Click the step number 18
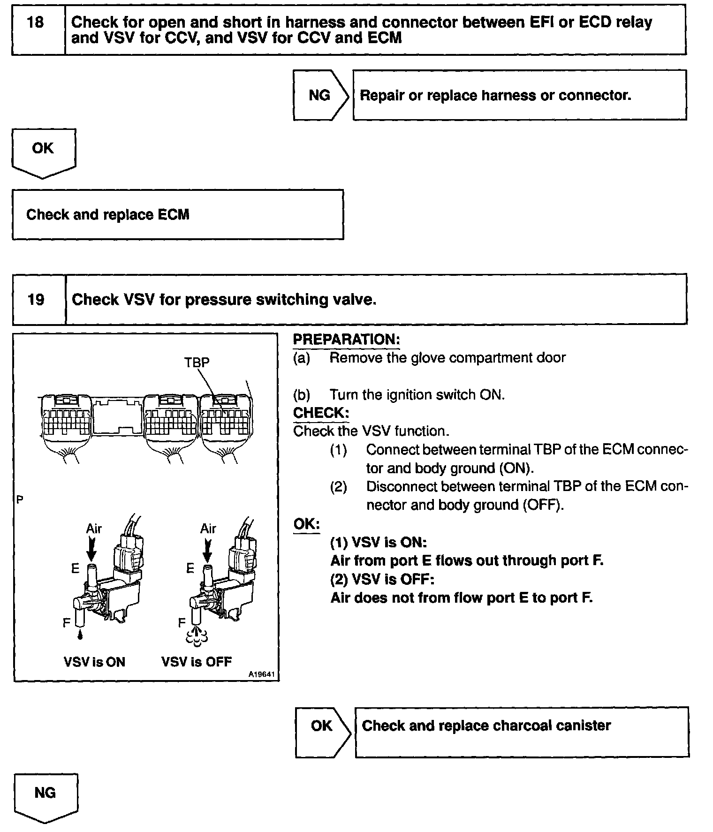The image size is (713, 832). pyautogui.click(x=36, y=23)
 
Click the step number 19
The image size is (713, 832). pyautogui.click(x=36, y=299)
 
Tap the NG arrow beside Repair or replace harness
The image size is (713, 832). pyautogui.click(x=320, y=95)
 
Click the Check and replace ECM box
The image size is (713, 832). pyautogui.click(x=177, y=215)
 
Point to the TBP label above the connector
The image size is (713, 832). pyautogui.click(x=197, y=362)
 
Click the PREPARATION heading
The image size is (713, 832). pyautogui.click(x=346, y=339)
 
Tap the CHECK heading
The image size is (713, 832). pyautogui.click(x=321, y=413)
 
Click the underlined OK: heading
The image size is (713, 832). pyautogui.click(x=306, y=524)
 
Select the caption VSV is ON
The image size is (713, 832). pyautogui.click(x=94, y=662)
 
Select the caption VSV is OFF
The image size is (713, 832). pyautogui.click(x=197, y=662)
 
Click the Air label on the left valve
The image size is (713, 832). pyautogui.click(x=94, y=529)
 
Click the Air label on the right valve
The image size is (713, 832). pyautogui.click(x=208, y=529)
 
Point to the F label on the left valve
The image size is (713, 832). pyautogui.click(x=67, y=622)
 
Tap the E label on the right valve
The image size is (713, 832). pyautogui.click(x=190, y=569)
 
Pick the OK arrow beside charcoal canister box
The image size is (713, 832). pyautogui.click(x=322, y=726)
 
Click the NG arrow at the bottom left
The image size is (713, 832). pyautogui.click(x=45, y=793)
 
